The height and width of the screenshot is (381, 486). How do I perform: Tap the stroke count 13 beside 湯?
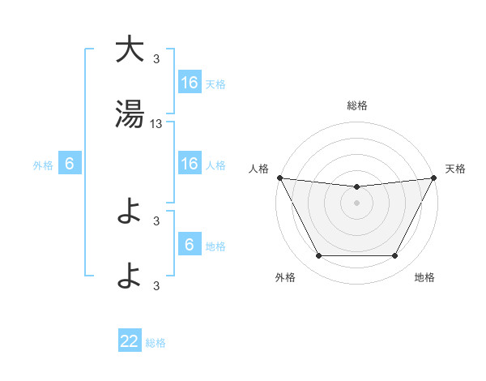[x=156, y=124]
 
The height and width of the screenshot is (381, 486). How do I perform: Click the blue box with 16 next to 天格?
[x=190, y=83]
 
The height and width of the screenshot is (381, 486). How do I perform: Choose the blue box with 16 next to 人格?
[x=190, y=164]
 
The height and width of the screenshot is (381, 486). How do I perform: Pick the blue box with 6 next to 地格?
[x=190, y=245]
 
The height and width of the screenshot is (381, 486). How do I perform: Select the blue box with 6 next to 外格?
[x=70, y=164]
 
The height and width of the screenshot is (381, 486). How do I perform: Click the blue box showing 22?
[x=130, y=341]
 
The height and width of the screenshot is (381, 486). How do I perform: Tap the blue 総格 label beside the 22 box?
[x=156, y=343]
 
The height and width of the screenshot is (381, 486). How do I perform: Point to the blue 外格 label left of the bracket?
[x=43, y=165]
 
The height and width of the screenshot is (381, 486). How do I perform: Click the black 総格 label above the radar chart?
[x=356, y=105]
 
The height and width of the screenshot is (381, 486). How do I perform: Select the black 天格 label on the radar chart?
[x=455, y=169]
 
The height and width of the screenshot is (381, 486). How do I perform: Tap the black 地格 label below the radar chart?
[x=424, y=277]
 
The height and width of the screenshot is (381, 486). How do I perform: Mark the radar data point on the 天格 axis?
[x=434, y=178]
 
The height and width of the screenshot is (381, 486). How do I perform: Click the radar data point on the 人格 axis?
[x=279, y=178]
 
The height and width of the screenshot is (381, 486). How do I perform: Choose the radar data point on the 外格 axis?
[x=318, y=256]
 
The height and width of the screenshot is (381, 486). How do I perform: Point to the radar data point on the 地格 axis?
[x=395, y=256]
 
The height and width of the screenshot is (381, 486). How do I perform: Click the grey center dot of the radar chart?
[x=356, y=203]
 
